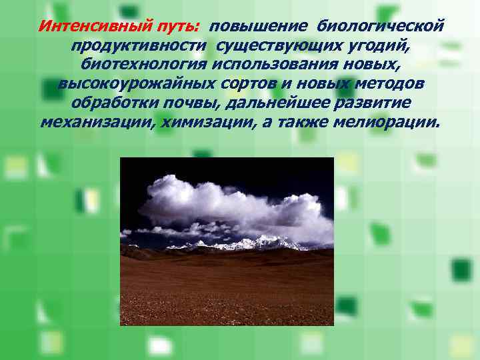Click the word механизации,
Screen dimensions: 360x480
click(x=93, y=123)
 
